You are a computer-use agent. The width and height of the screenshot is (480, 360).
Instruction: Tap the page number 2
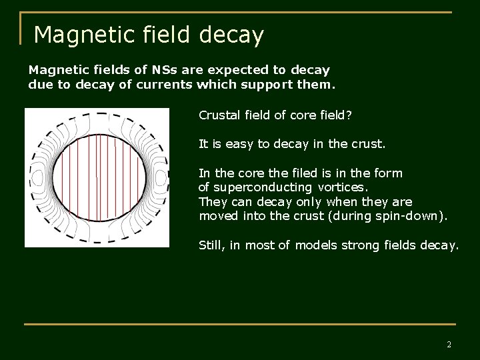tap(449, 345)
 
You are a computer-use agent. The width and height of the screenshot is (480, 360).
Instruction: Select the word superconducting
tap(262, 187)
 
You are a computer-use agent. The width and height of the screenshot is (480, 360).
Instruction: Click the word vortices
tap(342, 187)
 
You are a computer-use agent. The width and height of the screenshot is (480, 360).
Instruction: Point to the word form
tap(389, 173)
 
